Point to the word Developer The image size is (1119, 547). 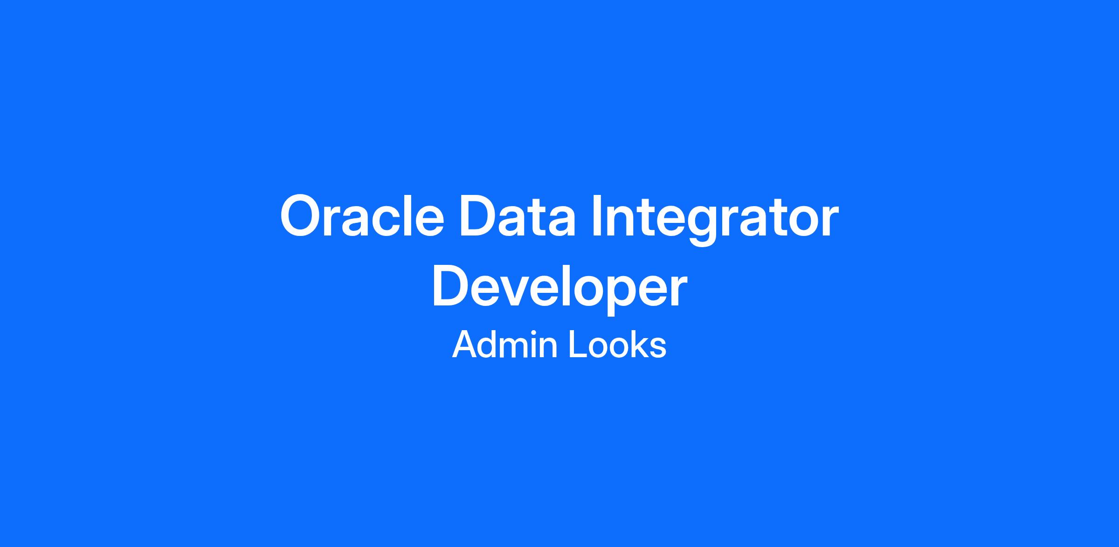click(559, 288)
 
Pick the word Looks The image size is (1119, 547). click(618, 345)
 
